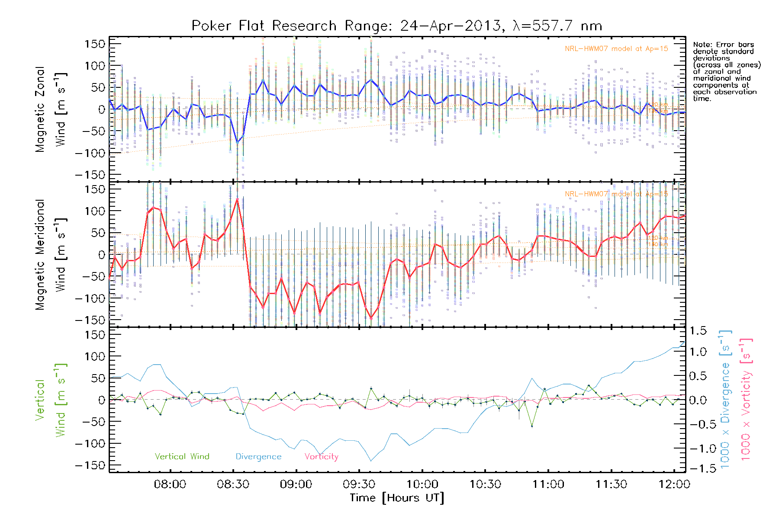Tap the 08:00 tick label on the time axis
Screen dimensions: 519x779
[x=170, y=484]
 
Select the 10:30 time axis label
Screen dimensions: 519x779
[x=485, y=484]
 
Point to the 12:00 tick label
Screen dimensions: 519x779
[x=674, y=484]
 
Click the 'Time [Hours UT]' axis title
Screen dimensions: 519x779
[x=397, y=498]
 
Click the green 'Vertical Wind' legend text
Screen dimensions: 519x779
[x=182, y=457]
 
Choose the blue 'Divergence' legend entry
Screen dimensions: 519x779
[x=258, y=457]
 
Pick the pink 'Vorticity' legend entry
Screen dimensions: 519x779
[x=321, y=457]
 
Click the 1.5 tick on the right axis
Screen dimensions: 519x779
[x=698, y=331]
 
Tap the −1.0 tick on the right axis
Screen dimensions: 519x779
[x=698, y=449]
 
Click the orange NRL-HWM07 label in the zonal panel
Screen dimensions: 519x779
[x=616, y=49]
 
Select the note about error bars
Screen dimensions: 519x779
[x=727, y=71]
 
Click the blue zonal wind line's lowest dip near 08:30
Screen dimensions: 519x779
[x=237, y=142]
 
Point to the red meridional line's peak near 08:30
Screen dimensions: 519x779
[x=237, y=199]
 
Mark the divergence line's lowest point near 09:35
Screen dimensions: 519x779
[x=371, y=461]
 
